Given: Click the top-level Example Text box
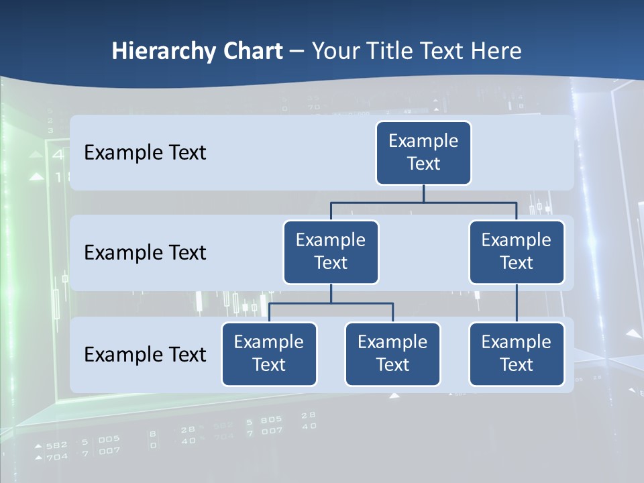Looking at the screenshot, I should point(423,153).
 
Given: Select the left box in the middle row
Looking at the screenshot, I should point(331,252).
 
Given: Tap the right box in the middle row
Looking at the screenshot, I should point(517,252).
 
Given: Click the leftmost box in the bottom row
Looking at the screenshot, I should point(269,354).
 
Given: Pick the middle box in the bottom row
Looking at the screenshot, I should point(392,354).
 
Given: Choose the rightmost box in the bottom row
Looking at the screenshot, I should point(517,354).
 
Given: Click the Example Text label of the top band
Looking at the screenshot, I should point(145,153).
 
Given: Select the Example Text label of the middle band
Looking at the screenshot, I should point(145,253).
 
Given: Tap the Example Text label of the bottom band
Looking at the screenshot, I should point(145,354).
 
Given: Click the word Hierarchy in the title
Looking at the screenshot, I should point(163,52).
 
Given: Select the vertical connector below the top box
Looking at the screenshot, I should point(423,193).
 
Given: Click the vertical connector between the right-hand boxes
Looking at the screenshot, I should point(517,303).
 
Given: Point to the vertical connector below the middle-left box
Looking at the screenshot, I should point(331,294).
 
